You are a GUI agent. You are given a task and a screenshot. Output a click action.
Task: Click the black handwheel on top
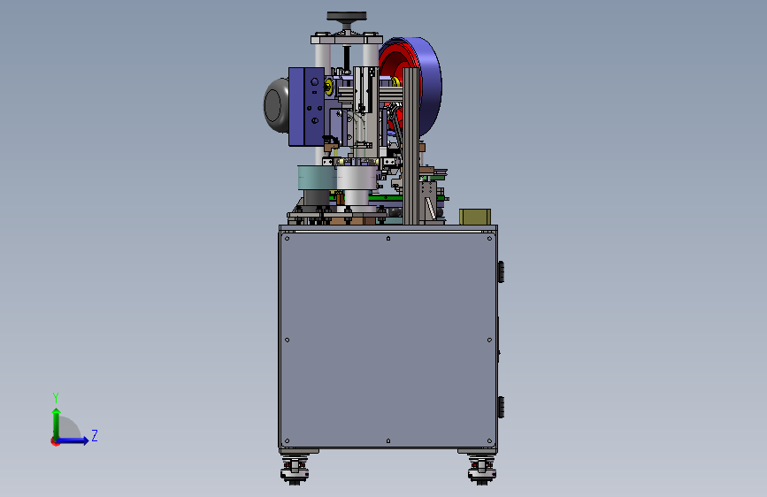coord(347,16)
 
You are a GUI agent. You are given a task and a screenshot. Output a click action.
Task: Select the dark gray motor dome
coord(275,104)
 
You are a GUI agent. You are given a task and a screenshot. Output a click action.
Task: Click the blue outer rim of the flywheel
coord(431,86)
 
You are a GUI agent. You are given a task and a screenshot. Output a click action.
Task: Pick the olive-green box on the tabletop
coord(475,217)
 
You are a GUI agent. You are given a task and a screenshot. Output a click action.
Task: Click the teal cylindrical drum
coord(317,178)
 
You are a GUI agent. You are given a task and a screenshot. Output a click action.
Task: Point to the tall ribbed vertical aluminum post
coord(410,146)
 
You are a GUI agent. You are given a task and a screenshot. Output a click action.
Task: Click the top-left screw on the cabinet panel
coord(288,239)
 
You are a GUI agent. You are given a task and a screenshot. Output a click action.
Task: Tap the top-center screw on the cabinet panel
coord(388,239)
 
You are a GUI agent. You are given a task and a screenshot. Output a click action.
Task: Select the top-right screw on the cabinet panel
coord(489,239)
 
